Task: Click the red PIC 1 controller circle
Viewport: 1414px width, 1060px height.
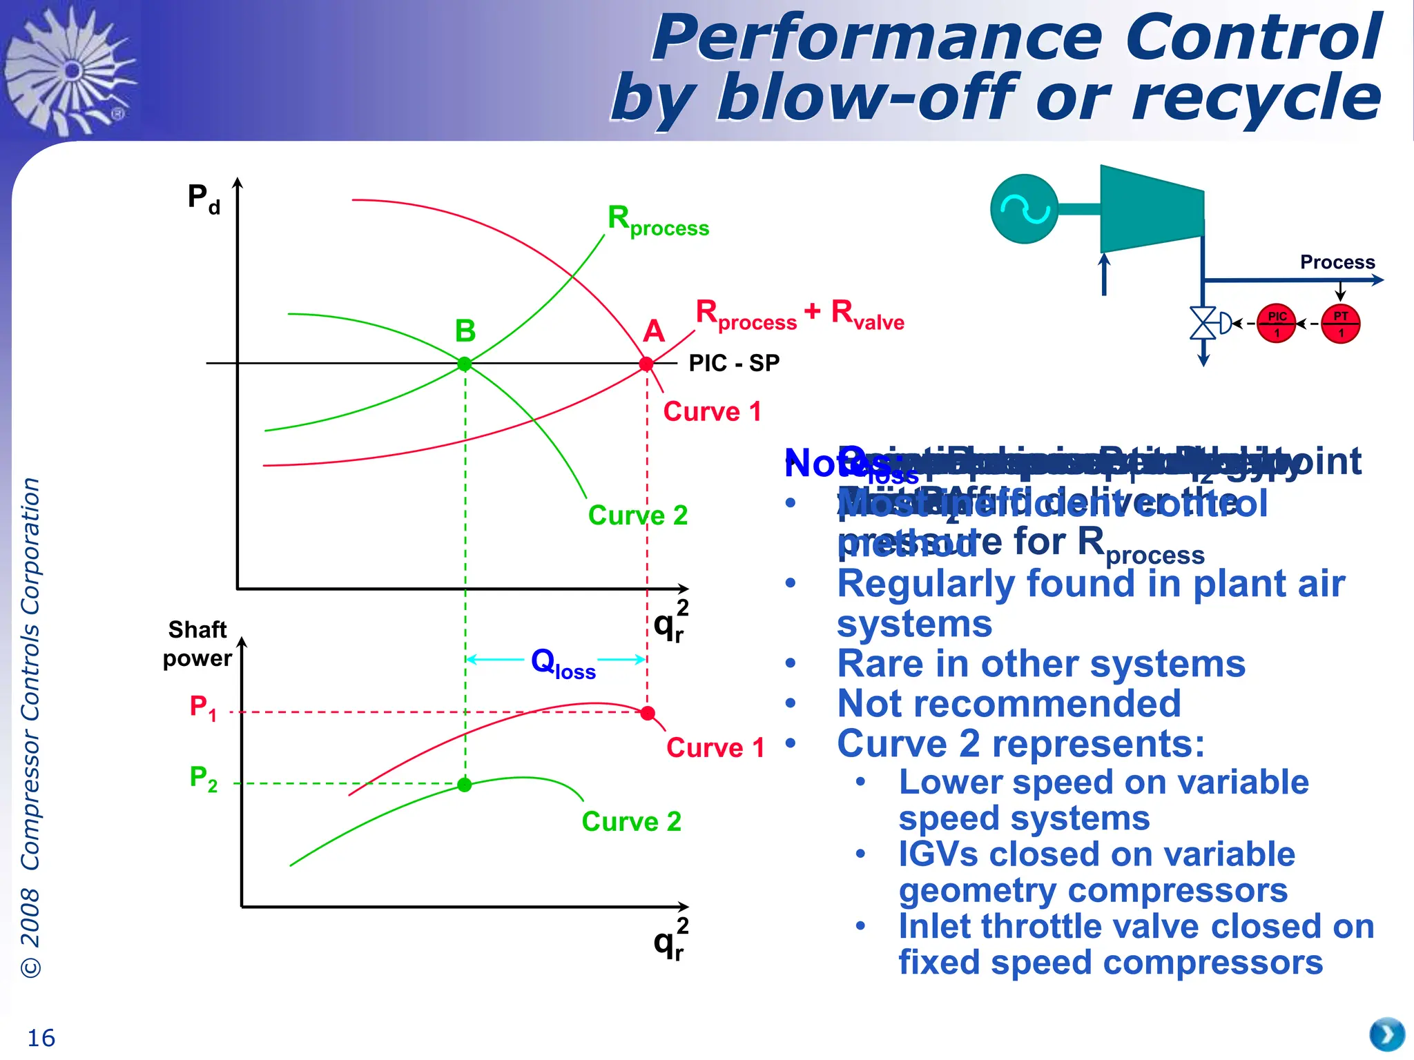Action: [x=1276, y=323]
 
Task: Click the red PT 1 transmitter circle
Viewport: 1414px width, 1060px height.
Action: [x=1340, y=323]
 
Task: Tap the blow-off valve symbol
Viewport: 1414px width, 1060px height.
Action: [x=1203, y=323]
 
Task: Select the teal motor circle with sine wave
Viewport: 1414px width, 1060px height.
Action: [x=1024, y=208]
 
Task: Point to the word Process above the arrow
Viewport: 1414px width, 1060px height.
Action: [x=1337, y=262]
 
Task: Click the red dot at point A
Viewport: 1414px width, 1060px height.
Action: [x=646, y=364]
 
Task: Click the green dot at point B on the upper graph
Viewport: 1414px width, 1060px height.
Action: [x=465, y=364]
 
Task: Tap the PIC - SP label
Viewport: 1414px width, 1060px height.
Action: [x=734, y=363]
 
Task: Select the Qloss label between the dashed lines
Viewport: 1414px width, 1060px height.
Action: [x=563, y=663]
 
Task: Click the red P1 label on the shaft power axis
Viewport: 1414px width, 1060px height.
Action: [x=203, y=708]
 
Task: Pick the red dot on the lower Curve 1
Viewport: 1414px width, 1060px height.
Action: [x=648, y=713]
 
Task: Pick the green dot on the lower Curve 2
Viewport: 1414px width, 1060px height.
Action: [x=465, y=785]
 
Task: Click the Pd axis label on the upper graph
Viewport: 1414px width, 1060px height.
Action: [x=204, y=198]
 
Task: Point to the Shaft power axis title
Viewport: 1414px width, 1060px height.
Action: [x=197, y=643]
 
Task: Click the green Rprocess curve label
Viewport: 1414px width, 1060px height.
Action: [x=657, y=221]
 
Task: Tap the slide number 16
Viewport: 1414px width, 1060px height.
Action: [x=41, y=1038]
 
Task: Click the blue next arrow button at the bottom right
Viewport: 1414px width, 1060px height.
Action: [x=1387, y=1034]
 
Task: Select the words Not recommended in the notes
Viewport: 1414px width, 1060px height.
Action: [x=1009, y=704]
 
